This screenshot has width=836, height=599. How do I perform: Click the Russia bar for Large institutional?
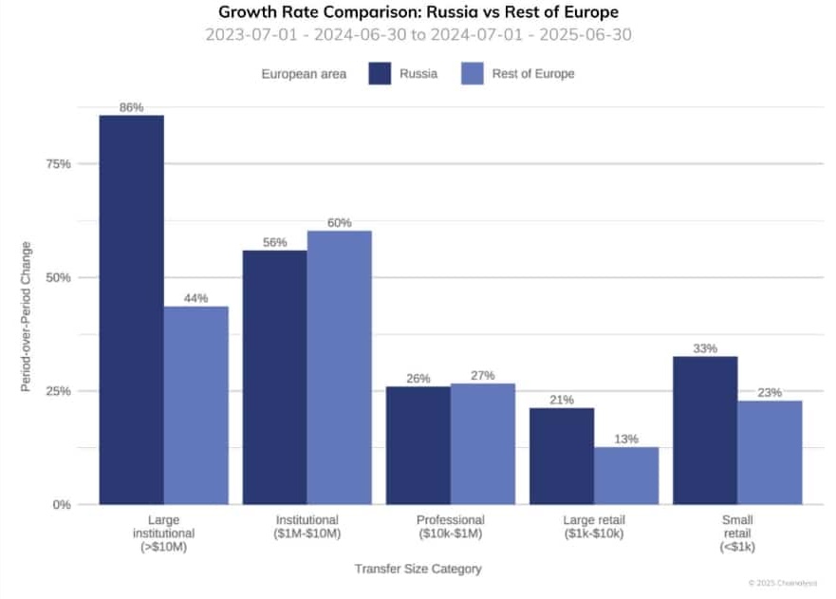pos(132,309)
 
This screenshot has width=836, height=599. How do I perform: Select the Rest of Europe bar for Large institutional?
pos(196,405)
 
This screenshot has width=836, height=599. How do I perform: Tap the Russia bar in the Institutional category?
pos(275,377)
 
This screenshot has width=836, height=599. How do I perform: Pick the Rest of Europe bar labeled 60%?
pos(340,367)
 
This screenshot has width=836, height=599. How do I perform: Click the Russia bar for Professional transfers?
pos(418,445)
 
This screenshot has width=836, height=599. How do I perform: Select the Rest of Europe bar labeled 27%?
pos(483,443)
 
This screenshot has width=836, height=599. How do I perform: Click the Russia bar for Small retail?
pos(705,430)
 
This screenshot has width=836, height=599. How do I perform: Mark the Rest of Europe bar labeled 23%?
pos(770,452)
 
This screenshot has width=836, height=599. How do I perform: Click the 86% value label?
pos(132,107)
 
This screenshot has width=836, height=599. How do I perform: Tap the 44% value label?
pos(196,298)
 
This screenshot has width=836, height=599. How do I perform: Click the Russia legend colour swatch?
pos(380,73)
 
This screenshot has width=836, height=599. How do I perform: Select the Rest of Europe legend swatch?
pos(472,73)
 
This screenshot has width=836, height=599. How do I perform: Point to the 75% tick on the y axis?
pos(59,164)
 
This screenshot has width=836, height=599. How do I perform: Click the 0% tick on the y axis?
pos(62,504)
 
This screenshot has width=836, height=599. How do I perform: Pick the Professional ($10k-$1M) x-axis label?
pos(451,527)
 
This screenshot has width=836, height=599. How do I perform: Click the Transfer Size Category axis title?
pos(418,569)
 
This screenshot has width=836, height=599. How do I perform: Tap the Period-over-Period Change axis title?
pos(27,317)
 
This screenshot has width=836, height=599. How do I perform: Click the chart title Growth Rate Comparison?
pos(418,12)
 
